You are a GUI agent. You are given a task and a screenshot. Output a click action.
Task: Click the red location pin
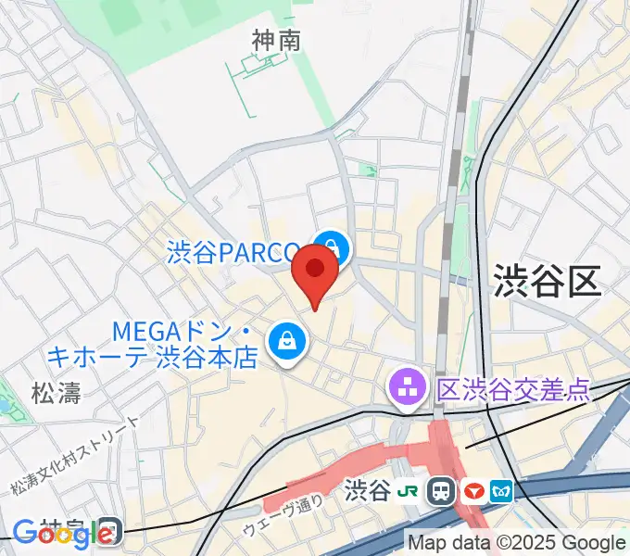pyautogui.click(x=315, y=274)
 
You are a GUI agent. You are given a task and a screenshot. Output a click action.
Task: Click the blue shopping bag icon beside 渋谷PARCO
pyautogui.click(x=331, y=248)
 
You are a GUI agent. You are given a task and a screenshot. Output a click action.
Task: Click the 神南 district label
pyautogui.click(x=276, y=40)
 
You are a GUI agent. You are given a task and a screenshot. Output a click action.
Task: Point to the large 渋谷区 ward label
pyautogui.click(x=547, y=279)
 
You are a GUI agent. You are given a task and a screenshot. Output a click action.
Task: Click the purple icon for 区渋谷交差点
pyautogui.click(x=406, y=388)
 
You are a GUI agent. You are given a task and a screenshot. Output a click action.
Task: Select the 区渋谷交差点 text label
pyautogui.click(x=512, y=388)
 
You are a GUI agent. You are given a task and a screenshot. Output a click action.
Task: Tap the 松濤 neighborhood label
pyautogui.click(x=56, y=392)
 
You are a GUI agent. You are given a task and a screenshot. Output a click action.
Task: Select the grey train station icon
pyautogui.click(x=442, y=491)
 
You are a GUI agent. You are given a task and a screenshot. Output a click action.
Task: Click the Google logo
pyautogui.click(x=51, y=534)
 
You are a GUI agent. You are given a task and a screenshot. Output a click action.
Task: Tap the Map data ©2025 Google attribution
pyautogui.click(x=517, y=543)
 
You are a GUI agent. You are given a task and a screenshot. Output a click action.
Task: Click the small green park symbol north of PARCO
pyautogui.click(x=370, y=171)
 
